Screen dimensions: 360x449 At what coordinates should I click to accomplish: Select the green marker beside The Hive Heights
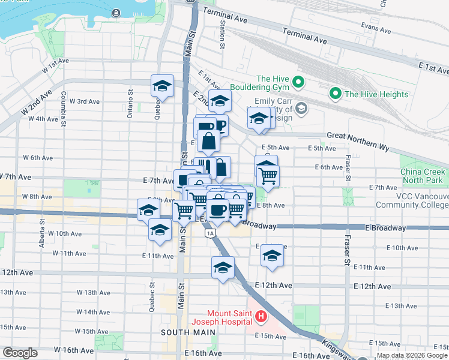(335, 94)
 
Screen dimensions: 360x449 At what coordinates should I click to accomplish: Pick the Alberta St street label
(43, 229)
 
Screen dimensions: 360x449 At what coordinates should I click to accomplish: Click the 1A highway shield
(209, 233)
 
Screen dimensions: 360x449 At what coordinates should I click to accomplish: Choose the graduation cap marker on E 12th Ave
(223, 268)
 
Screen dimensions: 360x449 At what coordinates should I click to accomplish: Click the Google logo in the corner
(20, 352)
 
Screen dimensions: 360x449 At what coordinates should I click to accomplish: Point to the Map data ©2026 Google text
(412, 355)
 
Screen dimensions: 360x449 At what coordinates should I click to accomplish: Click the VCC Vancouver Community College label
(413, 200)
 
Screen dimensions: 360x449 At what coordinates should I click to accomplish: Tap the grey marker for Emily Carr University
(301, 109)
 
